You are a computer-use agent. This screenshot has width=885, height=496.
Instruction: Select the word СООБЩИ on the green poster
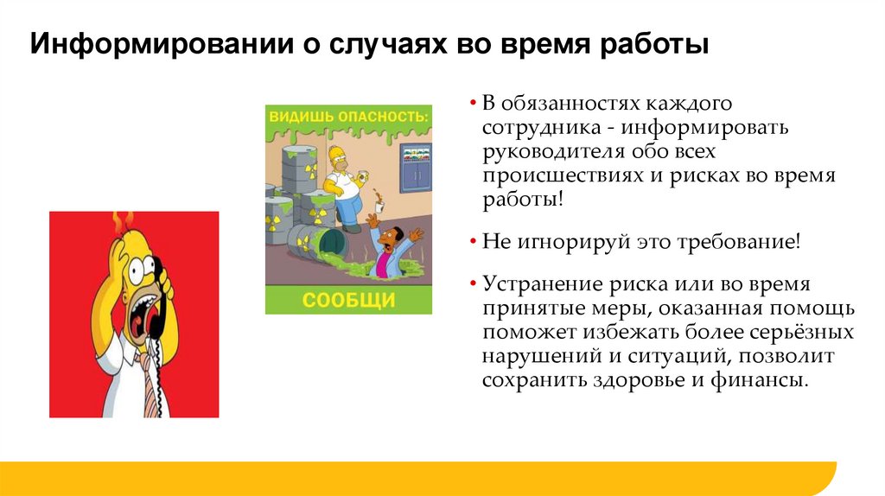348,300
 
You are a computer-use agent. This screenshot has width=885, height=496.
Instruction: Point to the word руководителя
546,152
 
